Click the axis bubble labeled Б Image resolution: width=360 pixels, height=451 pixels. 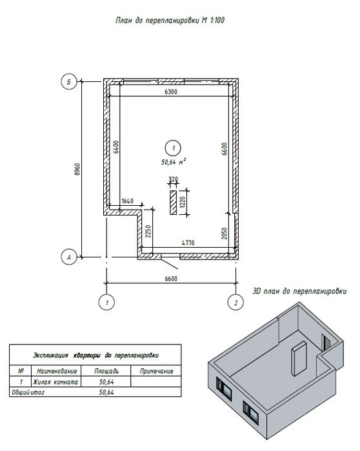69,82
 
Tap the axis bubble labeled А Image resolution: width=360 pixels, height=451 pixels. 69,257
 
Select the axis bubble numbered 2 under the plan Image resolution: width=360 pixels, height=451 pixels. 235,303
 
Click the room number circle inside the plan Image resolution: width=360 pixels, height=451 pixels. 173,148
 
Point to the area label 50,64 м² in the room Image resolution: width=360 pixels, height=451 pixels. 174,162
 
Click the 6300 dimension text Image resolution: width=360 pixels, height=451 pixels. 171,92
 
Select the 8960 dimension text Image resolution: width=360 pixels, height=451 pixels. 77,169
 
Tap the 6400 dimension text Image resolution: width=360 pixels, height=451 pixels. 116,146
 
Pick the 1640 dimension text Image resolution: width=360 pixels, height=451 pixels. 127,201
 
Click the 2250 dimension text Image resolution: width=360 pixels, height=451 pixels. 148,231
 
